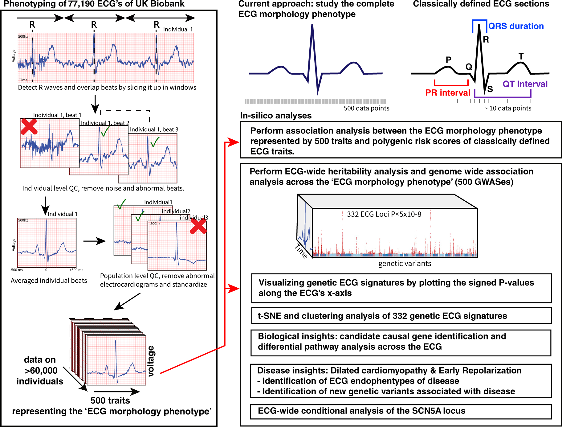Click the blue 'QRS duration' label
click(516, 26)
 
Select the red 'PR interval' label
click(447, 93)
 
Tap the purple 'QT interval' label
click(525, 84)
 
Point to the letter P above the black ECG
click(448, 60)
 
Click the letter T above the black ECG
click(521, 56)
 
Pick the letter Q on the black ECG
click(469, 67)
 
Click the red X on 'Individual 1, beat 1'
click(29, 126)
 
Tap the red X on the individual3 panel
click(198, 226)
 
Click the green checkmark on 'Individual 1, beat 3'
click(155, 142)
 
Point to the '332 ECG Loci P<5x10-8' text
click(384, 214)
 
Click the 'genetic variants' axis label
click(405, 264)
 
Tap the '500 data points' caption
click(366, 108)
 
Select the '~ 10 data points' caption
click(507, 108)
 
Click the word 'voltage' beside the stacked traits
click(151, 361)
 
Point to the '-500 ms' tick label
click(16, 270)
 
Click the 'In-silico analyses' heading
click(276, 116)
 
